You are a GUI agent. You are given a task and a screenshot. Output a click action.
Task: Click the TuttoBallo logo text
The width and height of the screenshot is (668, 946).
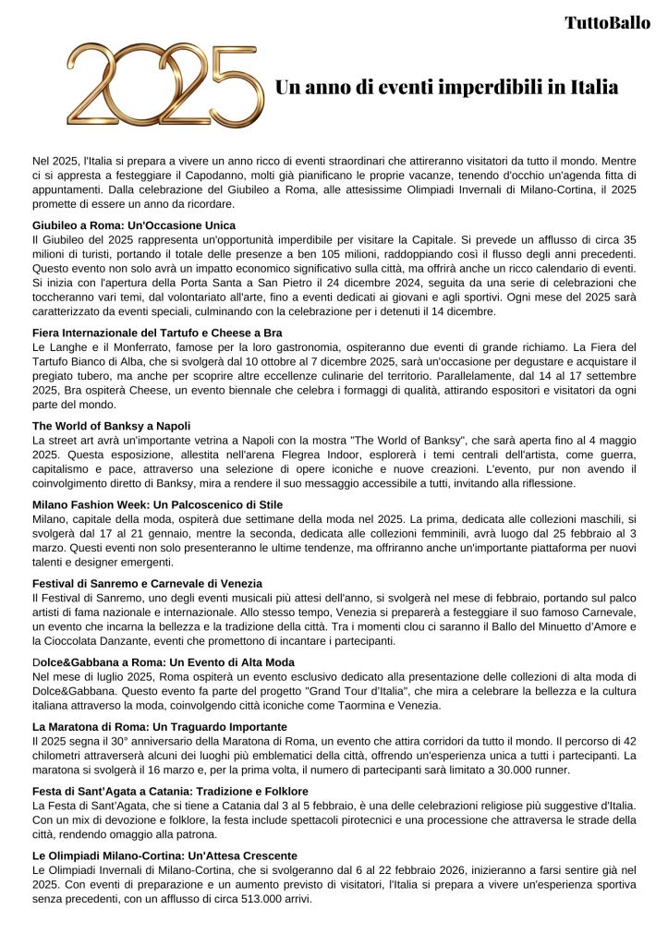point(606,23)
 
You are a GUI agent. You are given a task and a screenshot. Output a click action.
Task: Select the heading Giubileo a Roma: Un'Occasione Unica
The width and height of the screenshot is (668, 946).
point(134,225)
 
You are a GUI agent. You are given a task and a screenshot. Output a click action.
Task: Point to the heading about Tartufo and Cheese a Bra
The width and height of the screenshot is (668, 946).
point(157,332)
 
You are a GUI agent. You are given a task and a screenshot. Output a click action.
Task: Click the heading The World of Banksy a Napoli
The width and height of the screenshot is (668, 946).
point(111,425)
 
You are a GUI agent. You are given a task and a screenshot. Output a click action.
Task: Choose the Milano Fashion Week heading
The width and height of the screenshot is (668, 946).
point(157,504)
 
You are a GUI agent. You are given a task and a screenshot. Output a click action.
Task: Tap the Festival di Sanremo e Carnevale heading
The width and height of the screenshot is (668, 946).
point(147,584)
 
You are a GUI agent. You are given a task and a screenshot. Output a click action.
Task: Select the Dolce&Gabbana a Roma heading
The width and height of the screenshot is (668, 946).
point(164,662)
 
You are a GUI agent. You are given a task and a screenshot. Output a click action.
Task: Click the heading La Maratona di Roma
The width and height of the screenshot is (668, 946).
point(159,727)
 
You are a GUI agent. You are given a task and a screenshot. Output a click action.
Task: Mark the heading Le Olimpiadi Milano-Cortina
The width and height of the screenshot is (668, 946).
point(164,855)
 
